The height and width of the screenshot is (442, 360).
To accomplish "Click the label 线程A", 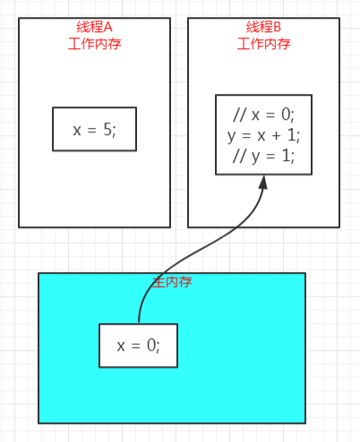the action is pos(94,27).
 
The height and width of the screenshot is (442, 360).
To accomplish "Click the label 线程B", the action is pos(263,27).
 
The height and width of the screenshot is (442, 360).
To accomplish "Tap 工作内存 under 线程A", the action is pos(94,44).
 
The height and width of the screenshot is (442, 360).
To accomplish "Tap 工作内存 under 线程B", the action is pos(263,44).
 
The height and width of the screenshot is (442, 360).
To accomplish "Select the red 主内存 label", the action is pos(172,282).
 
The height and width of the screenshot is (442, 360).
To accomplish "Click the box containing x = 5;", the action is pos(94,129).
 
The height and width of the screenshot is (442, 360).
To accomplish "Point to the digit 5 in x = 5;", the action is pos(107,130).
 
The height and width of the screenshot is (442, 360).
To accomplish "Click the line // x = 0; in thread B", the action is pos(263,115).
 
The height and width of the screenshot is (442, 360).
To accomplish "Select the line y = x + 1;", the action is pos(263,135).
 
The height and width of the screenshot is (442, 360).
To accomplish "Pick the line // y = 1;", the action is pos(263,156).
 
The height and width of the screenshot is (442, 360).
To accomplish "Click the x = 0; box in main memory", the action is pos(138,345).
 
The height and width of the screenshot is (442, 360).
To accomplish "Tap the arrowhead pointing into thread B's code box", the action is pos(263,183).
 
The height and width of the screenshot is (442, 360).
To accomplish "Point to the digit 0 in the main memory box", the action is pos(151,345).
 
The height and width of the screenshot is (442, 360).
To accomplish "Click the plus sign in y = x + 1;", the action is pos(276,136).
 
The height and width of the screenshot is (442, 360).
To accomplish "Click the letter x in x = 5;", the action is pos(77,131).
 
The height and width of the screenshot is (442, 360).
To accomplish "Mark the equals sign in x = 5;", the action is pos(91,130).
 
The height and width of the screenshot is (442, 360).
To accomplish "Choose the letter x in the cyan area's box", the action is pos(121,346).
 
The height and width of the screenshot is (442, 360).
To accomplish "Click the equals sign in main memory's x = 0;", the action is pos(135,346).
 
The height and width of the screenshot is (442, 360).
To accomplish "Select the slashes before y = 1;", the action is pos(240,156).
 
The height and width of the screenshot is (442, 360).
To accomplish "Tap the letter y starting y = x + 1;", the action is pos(231,137).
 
